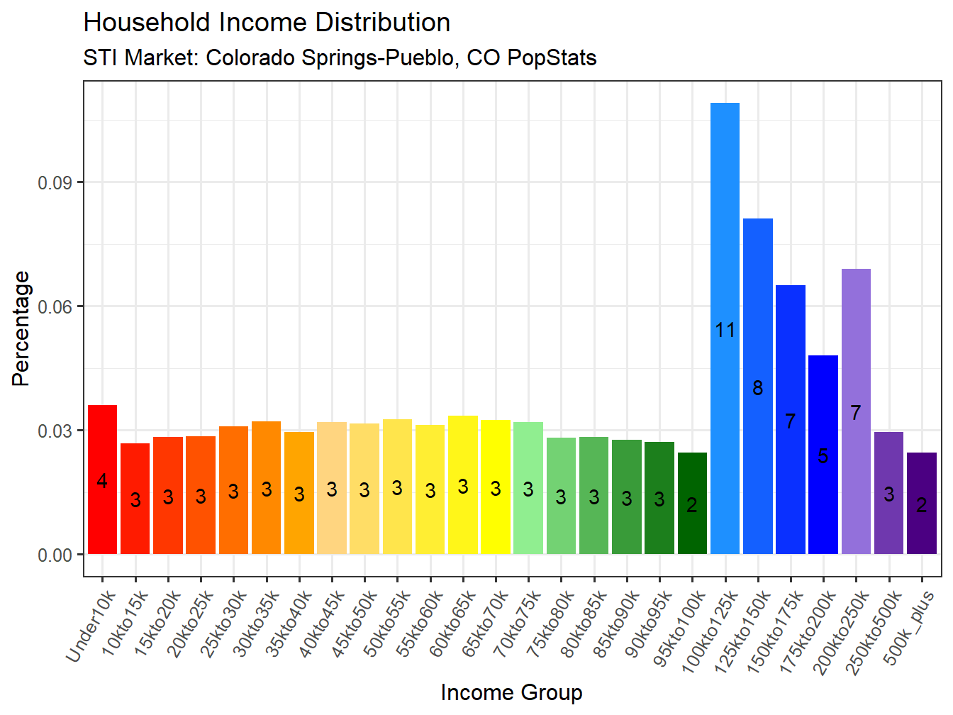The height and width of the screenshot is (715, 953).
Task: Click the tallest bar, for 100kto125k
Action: tap(725, 213)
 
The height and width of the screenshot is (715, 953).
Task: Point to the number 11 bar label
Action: tap(725, 330)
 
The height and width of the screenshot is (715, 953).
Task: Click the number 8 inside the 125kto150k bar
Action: tap(758, 388)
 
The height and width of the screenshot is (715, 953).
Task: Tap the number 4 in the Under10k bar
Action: tap(102, 481)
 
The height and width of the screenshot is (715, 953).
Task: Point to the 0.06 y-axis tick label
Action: tap(55, 306)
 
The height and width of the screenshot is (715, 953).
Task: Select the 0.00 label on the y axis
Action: tap(55, 555)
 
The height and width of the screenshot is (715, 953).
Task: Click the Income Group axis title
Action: tap(511, 692)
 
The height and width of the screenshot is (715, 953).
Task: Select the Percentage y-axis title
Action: tap(21, 328)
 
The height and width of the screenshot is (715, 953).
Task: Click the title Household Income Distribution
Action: tap(267, 23)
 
